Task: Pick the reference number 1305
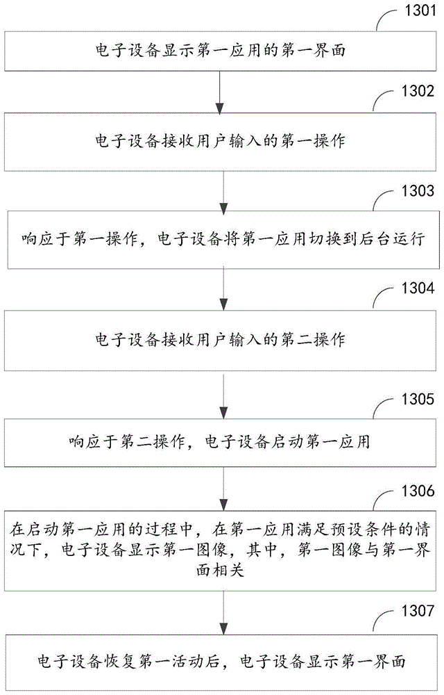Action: pos(416,400)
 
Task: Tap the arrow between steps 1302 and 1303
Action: pos(222,191)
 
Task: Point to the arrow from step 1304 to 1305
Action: pos(222,396)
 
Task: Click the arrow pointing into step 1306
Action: pos(222,491)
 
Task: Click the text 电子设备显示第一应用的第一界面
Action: pos(220,49)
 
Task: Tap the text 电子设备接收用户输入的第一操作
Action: pos(220,142)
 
